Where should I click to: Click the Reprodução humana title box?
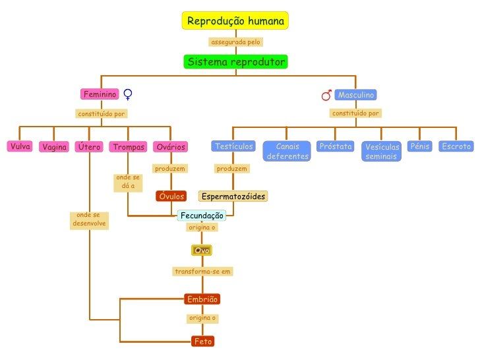pyautogui.click(x=235, y=22)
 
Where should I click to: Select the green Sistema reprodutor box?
pyautogui.click(x=236, y=62)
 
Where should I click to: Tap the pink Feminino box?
pyautogui.click(x=100, y=95)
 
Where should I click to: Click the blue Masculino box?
pyautogui.click(x=356, y=95)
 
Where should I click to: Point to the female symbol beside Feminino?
pyautogui.click(x=128, y=96)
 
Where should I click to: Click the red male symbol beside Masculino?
pyautogui.click(x=326, y=96)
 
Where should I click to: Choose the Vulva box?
pyautogui.click(x=20, y=146)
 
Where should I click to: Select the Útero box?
pyautogui.click(x=89, y=147)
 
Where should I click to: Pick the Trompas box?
pyautogui.click(x=128, y=147)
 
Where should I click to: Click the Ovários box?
pyautogui.click(x=170, y=147)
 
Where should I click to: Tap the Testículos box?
pyautogui.click(x=233, y=146)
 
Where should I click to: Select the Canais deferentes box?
pyautogui.click(x=287, y=151)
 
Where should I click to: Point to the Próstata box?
pyautogui.click(x=335, y=146)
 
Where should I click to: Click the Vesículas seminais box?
pyautogui.click(x=382, y=152)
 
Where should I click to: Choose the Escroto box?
pyautogui.click(x=456, y=146)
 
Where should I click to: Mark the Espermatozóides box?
pyautogui.click(x=233, y=196)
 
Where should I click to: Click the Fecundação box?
pyautogui.click(x=202, y=215)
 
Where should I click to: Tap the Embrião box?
pyautogui.click(x=202, y=299)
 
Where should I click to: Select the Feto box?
pyautogui.click(x=202, y=342)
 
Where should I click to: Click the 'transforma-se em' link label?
pyautogui.click(x=202, y=271)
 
